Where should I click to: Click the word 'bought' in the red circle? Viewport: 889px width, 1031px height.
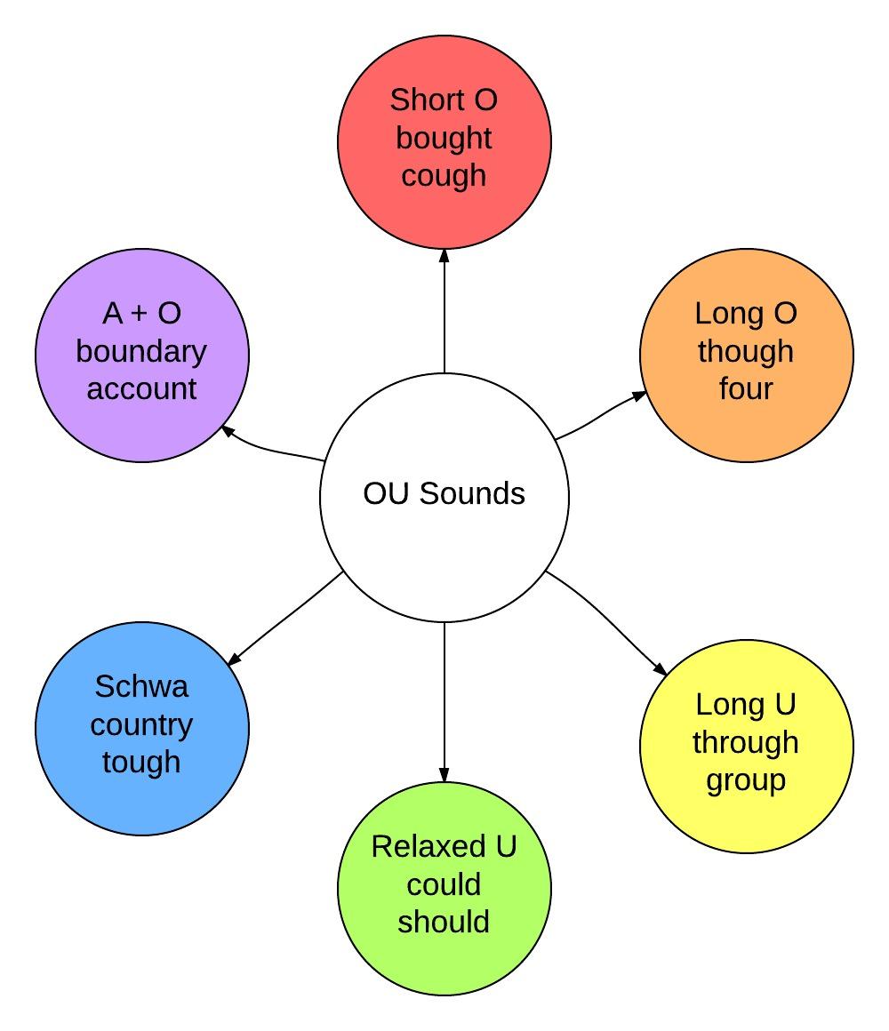point(444,139)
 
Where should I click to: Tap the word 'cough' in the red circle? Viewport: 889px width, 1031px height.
point(444,176)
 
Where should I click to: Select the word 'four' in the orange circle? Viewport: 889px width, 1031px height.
point(746,389)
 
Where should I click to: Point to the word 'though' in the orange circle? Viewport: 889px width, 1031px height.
point(746,352)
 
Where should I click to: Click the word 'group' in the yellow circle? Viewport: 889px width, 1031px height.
point(746,780)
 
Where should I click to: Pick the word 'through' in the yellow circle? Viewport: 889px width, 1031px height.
point(746,743)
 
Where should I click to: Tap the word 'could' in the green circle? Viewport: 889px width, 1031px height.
point(444,884)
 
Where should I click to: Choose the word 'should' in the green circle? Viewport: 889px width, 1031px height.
point(444,922)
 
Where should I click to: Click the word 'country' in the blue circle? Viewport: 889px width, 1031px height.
point(141,725)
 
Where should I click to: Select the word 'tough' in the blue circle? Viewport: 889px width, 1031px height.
point(141,763)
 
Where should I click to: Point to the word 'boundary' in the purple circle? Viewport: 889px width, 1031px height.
point(141,352)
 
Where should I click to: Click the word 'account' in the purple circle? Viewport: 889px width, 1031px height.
point(141,389)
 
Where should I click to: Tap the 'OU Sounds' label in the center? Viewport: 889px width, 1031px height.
point(444,493)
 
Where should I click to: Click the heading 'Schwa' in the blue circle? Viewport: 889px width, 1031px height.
point(141,687)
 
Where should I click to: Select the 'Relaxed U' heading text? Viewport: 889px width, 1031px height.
point(444,847)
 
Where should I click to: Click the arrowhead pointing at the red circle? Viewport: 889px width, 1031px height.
point(444,256)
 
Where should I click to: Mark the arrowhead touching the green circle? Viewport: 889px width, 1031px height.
point(444,775)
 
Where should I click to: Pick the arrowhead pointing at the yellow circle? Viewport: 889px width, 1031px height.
point(660,670)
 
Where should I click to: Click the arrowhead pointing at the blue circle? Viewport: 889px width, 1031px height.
point(234,660)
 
